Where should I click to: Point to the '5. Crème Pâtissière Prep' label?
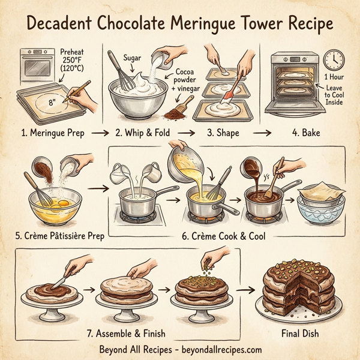(x=55, y=236)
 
